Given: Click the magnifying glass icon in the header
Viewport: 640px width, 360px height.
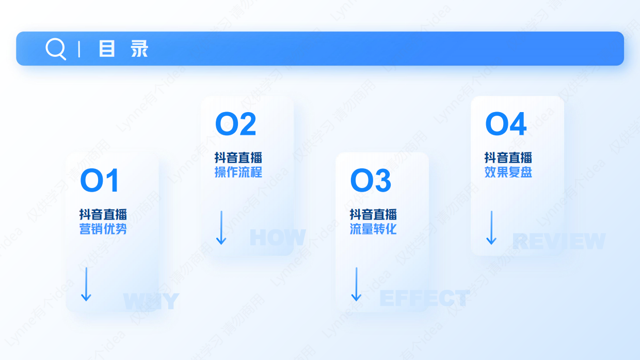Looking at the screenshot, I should point(55,49).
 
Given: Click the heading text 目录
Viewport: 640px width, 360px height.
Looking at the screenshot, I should point(123,49).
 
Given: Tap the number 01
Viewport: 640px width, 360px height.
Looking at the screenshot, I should point(100,181).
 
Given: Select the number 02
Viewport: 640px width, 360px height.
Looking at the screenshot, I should point(235,124).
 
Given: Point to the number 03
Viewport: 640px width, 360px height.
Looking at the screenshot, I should point(371,181).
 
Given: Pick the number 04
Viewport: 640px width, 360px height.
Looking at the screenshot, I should point(506,124).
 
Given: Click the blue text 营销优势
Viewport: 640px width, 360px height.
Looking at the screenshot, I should point(103,229).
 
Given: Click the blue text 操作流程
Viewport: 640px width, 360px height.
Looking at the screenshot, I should point(238,172).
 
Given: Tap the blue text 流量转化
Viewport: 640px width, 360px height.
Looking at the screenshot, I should point(373,229).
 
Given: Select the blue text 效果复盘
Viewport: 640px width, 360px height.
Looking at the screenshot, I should point(508,172).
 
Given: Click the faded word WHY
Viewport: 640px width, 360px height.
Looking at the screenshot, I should point(151,301).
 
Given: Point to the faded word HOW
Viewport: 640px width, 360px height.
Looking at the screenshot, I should point(278,238).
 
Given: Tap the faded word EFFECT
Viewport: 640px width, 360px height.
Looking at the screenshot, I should point(424,299).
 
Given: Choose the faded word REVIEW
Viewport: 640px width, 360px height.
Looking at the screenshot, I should point(558,241).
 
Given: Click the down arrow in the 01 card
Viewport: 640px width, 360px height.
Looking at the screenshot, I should point(86,284).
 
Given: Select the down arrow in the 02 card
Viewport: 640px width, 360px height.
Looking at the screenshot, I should point(221,227).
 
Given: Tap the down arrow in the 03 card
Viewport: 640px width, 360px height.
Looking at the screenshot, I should point(356,284).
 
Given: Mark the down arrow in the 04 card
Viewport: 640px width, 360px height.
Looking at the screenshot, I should point(491,227).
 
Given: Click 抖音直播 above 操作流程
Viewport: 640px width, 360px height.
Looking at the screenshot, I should point(238,158).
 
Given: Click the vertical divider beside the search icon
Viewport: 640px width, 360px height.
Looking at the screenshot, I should point(79,49).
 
